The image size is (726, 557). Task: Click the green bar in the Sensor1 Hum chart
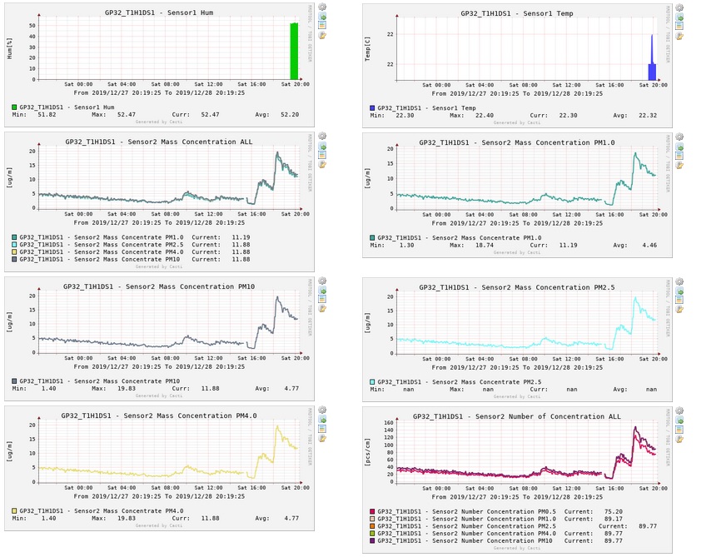(294, 52)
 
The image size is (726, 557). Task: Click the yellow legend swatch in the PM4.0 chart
(15, 510)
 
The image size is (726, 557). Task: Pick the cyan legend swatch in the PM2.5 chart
(373, 381)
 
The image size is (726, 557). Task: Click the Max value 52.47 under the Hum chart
(127, 114)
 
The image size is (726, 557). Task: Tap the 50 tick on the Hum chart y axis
(31, 25)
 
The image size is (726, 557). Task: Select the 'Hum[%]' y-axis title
(10, 47)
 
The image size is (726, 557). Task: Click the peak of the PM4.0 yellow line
(276, 426)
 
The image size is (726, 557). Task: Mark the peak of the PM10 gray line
(276, 297)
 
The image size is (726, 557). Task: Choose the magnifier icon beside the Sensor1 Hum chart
(323, 7)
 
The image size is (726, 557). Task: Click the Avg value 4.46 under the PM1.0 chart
(646, 246)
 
